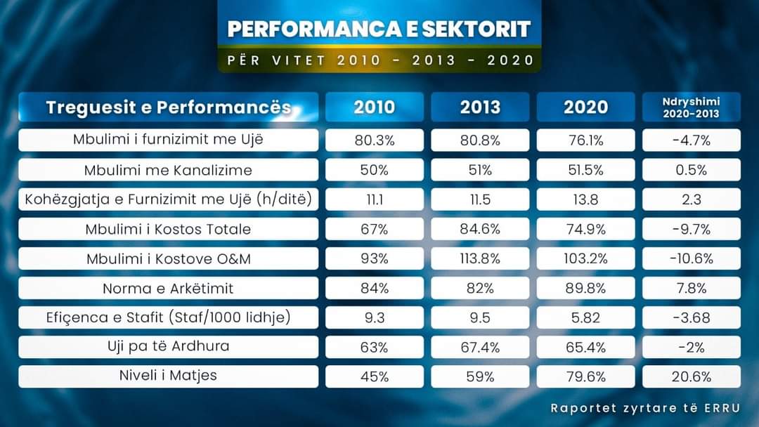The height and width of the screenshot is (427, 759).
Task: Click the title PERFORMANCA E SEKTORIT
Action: (x=379, y=29)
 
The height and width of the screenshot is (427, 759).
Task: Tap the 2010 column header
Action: (x=374, y=107)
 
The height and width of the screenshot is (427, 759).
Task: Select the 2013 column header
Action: (x=480, y=107)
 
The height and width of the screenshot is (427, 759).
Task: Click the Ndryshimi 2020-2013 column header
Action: (x=692, y=107)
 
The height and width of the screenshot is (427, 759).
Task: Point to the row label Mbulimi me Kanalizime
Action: (x=168, y=170)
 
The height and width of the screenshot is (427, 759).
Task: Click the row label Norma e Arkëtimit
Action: (x=168, y=288)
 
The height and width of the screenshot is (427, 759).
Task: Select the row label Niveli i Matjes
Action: (x=168, y=376)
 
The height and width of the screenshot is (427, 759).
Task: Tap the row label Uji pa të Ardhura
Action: (x=168, y=346)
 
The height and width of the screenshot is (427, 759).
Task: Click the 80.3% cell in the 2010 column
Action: (x=374, y=140)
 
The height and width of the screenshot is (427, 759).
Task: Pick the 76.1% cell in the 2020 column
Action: (x=586, y=140)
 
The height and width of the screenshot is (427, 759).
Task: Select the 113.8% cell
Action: (x=480, y=258)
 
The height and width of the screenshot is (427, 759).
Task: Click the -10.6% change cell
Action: (x=692, y=258)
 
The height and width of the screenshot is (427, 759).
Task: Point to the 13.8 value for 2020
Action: (x=586, y=199)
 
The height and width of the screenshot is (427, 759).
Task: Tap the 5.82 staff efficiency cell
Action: (x=586, y=317)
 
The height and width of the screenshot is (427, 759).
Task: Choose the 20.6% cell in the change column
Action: (x=692, y=376)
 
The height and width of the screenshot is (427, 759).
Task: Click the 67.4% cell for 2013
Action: (x=480, y=347)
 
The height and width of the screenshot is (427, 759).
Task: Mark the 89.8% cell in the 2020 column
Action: (x=586, y=288)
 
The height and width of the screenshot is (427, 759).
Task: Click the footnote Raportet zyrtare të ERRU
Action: (x=644, y=407)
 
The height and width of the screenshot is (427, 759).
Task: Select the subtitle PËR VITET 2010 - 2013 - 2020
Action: (x=379, y=60)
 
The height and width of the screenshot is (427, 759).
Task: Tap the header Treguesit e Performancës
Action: (x=168, y=107)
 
